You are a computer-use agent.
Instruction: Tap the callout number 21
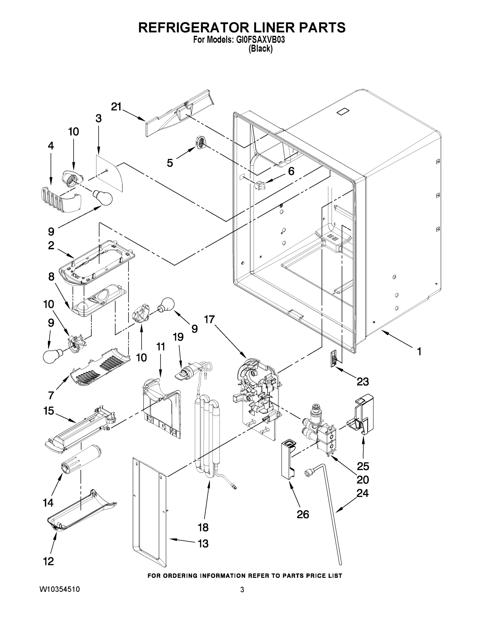[x=116, y=107]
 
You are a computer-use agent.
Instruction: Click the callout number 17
[x=209, y=319]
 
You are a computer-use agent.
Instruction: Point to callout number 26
[x=303, y=514]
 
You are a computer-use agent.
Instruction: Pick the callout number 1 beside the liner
[x=419, y=351]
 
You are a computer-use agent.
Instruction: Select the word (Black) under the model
[x=260, y=49]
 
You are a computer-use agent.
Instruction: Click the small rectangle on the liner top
[x=343, y=111]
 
